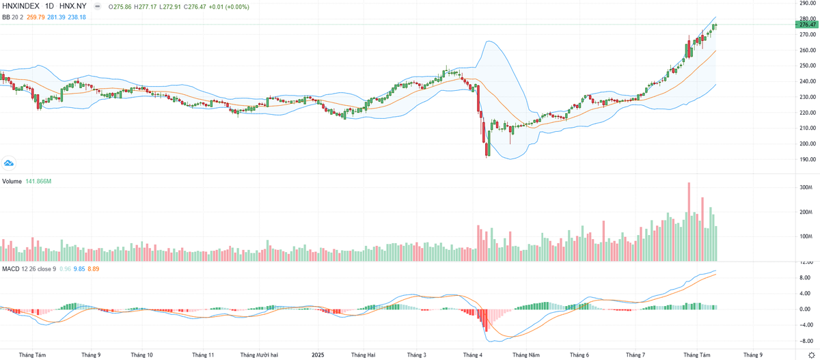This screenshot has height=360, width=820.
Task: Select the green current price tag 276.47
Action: point(806,25)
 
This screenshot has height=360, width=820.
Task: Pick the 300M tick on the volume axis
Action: point(804,187)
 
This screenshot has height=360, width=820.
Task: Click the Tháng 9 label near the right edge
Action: point(752,355)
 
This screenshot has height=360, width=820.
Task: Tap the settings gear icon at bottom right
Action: point(810,355)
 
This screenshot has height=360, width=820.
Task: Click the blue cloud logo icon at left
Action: point(9,163)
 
